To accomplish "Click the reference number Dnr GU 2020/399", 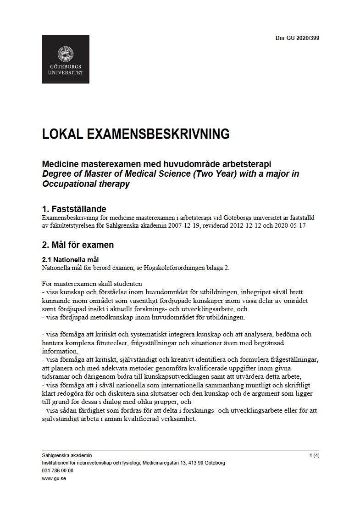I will [x=294, y=38].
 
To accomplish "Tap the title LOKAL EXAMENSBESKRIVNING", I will [x=136, y=134].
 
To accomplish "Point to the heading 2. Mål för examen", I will [x=78, y=245].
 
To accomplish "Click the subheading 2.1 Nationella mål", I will [x=70, y=260].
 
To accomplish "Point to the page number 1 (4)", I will [x=314, y=456].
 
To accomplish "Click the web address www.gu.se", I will [x=51, y=478].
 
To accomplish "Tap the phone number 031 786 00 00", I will [x=57, y=470].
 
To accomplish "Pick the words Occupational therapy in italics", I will [x=86, y=184].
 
